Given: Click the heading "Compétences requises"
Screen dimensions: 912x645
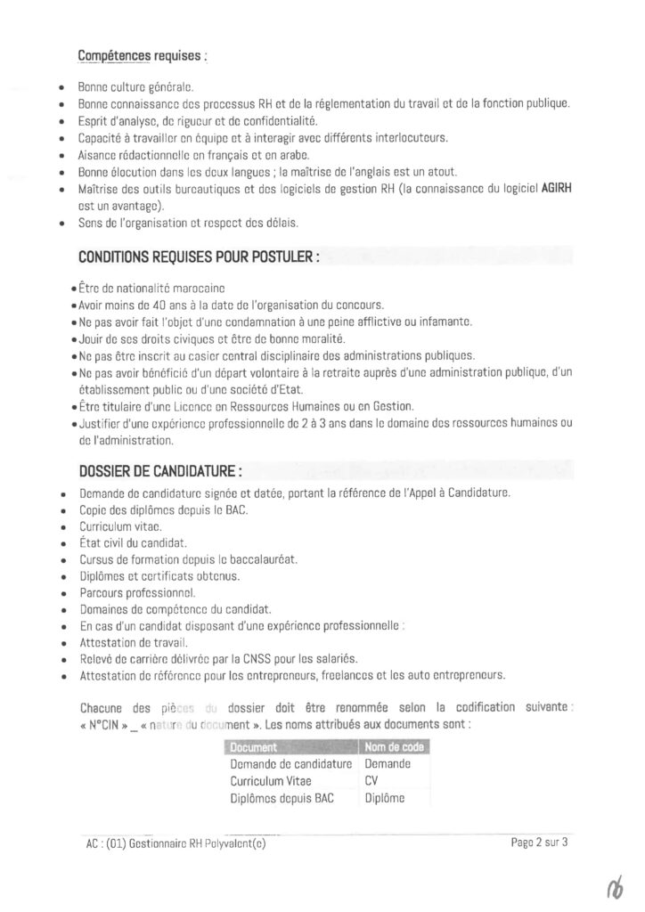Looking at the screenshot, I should [142, 56].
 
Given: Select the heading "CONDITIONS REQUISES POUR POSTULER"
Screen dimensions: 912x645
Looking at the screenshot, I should [199, 256].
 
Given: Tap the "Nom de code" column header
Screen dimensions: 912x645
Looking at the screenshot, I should [394, 746].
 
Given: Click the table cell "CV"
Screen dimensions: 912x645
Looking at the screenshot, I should [371, 780].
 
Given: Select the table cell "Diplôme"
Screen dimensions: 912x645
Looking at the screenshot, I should [385, 798].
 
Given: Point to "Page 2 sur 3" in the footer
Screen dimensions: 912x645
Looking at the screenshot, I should [540, 842].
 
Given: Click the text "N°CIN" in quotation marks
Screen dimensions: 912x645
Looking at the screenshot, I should [101, 724].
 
